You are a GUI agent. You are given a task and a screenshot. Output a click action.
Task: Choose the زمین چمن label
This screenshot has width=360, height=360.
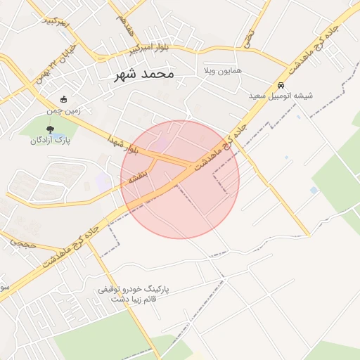[x=64, y=110]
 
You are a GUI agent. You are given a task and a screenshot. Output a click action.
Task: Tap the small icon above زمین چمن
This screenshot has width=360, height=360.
[x=64, y=100]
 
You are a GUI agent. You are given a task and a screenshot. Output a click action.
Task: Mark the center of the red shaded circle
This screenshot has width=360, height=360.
[x=180, y=179]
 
